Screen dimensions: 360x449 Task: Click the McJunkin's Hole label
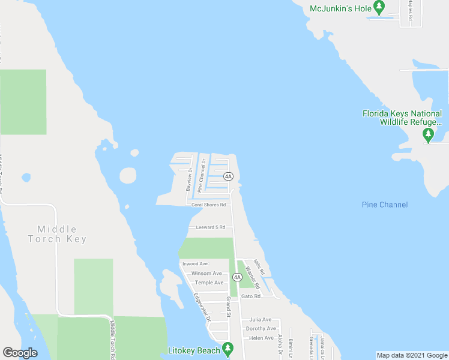tap(340, 8)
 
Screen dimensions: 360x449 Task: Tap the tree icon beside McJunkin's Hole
tap(379, 8)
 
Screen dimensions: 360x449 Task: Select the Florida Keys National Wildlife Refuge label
tap(402, 118)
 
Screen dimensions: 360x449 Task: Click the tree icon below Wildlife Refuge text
tap(428, 135)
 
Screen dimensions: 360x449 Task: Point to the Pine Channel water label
tap(385, 205)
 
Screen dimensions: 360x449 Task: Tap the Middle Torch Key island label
tap(57, 234)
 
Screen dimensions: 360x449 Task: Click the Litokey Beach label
tap(193, 349)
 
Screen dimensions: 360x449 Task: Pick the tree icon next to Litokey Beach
tap(228, 349)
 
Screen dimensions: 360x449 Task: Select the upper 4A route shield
tap(228, 176)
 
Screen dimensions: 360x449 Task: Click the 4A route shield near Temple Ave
tap(237, 277)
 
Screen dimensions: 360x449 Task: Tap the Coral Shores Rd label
tap(208, 205)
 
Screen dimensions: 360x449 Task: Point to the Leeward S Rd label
tap(210, 227)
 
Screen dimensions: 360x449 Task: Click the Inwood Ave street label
tap(195, 263)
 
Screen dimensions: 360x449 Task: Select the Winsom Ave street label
tap(206, 274)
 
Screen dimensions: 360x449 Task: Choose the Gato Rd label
tap(251, 296)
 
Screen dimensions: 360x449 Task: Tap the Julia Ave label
tap(261, 320)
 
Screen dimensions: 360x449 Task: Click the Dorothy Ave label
tap(261, 329)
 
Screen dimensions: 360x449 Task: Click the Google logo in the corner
tap(20, 353)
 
